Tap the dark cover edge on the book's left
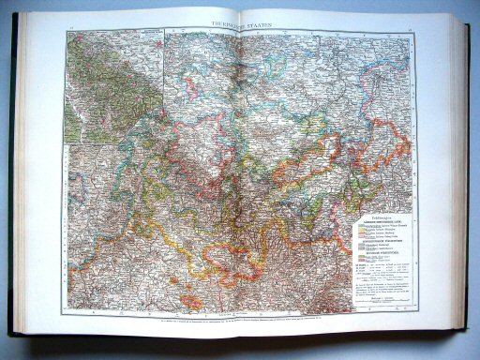tap(13, 187)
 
